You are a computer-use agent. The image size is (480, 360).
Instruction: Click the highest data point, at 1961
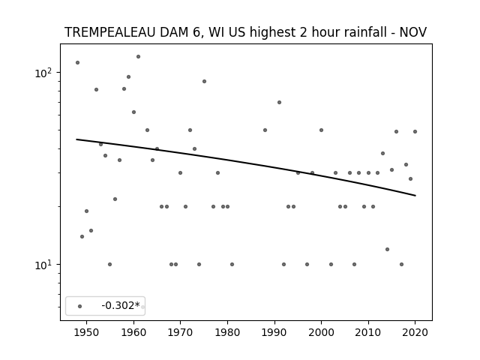point(138,57)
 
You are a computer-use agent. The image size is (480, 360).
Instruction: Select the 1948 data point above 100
point(78,63)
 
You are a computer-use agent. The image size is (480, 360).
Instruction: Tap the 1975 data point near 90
point(204,82)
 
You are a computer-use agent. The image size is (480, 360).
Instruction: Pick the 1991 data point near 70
point(279,103)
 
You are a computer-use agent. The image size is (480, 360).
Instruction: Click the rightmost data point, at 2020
point(415,132)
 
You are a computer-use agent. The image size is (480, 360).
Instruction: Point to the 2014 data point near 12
point(387,250)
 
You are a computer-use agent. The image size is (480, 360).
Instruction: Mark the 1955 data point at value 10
point(110,265)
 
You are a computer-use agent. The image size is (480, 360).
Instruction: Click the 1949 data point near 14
point(82,237)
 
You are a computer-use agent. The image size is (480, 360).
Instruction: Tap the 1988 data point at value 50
point(265,130)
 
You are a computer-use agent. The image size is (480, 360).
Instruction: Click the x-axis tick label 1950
point(87,332)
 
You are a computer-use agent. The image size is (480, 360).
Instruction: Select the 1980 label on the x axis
point(227,332)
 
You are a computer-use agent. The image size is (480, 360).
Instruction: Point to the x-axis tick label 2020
point(415,332)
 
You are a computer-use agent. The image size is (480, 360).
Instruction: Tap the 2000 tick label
point(321,332)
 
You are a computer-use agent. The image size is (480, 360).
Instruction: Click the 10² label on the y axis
point(43,73)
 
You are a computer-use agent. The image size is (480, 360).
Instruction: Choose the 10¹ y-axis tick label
point(43,265)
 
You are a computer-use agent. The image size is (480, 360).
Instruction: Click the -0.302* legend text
point(121,305)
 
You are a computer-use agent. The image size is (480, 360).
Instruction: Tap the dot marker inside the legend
point(80,307)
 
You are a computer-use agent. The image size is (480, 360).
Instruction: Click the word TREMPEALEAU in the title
point(110,32)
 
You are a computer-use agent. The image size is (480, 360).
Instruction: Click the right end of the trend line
point(415,195)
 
